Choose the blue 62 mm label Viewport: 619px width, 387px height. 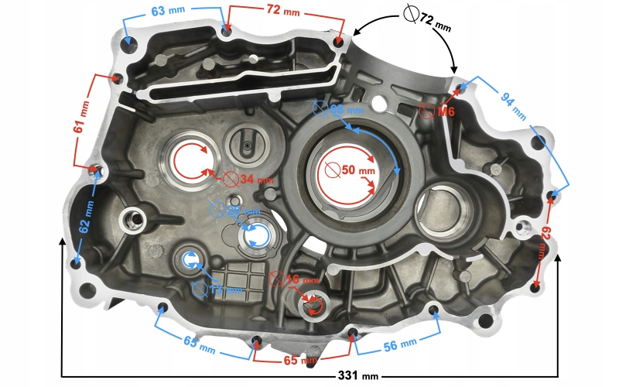pos(87,217)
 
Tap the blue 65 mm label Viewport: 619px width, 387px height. pos(199,343)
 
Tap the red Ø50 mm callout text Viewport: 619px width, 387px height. pos(351,170)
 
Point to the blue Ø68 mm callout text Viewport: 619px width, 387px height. pos(329,111)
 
